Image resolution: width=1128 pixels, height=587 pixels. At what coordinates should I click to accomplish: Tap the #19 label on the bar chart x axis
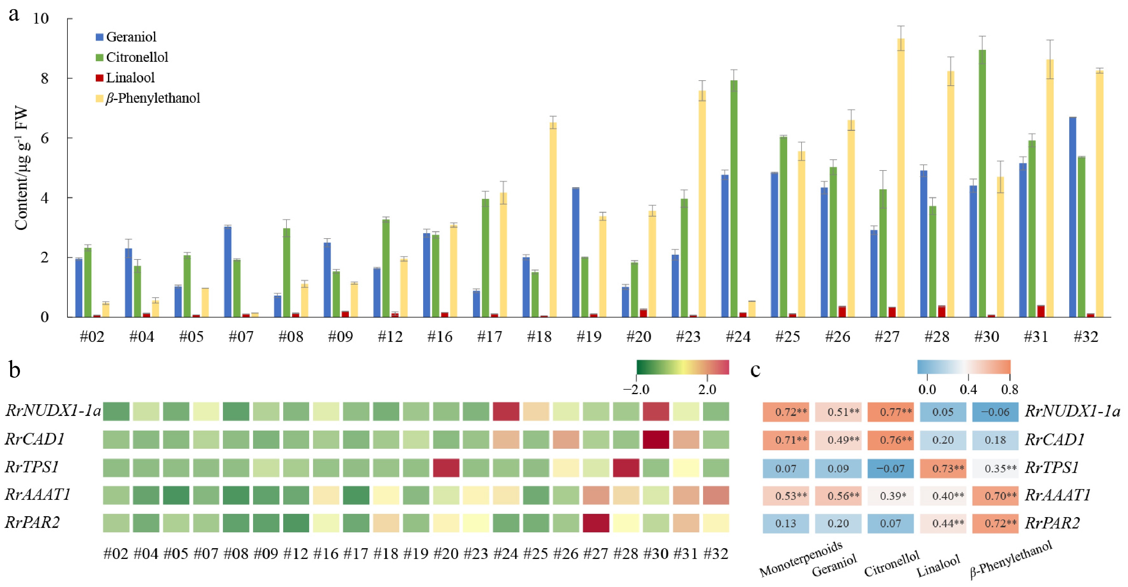pyautogui.click(x=589, y=336)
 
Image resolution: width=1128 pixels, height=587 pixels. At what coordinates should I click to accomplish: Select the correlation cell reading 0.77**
pyautogui.click(x=890, y=412)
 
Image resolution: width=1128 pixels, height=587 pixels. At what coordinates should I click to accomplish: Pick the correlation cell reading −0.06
pyautogui.click(x=995, y=412)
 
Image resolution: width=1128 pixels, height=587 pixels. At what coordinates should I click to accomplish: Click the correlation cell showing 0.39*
pyautogui.click(x=890, y=496)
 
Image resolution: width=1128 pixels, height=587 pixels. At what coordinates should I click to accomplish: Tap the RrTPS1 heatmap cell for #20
pyautogui.click(x=446, y=468)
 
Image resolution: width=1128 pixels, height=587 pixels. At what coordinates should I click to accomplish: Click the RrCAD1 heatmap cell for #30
pyautogui.click(x=656, y=440)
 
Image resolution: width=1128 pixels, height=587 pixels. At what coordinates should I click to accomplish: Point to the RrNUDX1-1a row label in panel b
pyautogui.click(x=53, y=411)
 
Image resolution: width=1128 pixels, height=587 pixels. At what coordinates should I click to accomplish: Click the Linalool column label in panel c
pyautogui.click(x=939, y=566)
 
